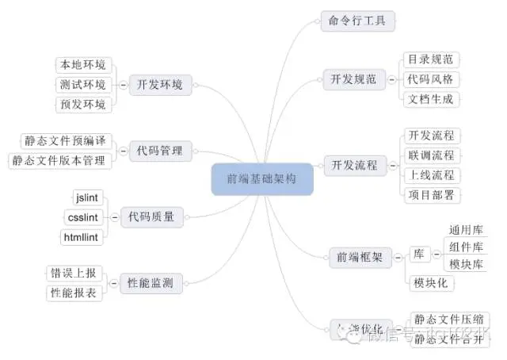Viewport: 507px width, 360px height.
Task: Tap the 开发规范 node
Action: tap(353, 79)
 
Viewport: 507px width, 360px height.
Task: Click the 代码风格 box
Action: tap(432, 79)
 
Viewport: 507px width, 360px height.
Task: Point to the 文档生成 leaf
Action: tap(432, 100)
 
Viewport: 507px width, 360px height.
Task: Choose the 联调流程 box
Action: tap(432, 155)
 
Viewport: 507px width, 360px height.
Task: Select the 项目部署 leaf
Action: tap(432, 195)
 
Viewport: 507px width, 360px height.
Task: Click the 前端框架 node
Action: tap(359, 256)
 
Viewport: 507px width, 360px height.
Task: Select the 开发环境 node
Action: tap(159, 84)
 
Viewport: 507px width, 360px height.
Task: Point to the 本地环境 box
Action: tap(82, 64)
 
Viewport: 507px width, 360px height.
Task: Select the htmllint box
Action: tap(82, 236)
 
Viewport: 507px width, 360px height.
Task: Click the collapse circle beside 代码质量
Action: tap(114, 216)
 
